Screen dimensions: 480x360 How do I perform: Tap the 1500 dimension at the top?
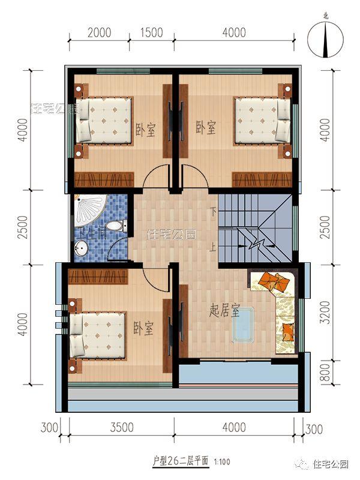click(x=152, y=32)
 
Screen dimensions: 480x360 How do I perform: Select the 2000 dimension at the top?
click(x=99, y=32)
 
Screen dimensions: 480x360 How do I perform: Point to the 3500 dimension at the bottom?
click(x=122, y=428)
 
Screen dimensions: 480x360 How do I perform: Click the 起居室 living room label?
click(x=225, y=311)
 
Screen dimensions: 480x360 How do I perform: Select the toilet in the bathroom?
click(x=119, y=226)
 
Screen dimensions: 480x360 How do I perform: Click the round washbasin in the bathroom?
click(x=82, y=247)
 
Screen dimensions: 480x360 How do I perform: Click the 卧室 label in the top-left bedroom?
click(x=145, y=128)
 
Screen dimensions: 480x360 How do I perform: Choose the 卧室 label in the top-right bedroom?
click(x=206, y=128)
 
